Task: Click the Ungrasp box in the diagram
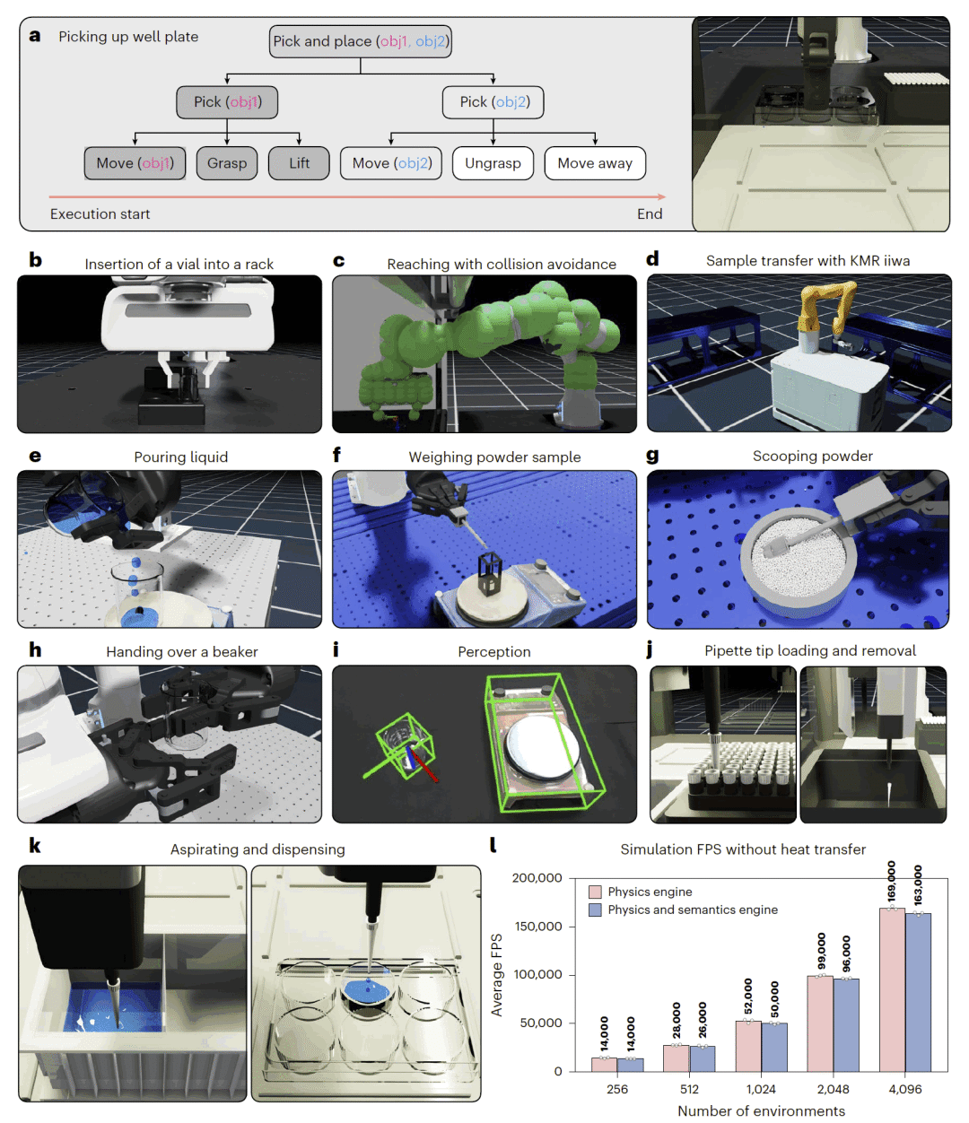[493, 163]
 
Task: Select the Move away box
[595, 163]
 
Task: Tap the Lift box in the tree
[299, 163]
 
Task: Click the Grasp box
[227, 163]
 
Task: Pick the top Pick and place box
[361, 41]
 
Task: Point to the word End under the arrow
[650, 213]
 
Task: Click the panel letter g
[652, 456]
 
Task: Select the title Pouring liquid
[180, 457]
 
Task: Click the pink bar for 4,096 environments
[892, 990]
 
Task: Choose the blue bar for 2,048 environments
[846, 1024]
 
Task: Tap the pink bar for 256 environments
[604, 1065]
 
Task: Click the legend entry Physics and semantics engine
[692, 910]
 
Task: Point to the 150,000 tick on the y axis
[537, 927]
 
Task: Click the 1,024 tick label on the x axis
[761, 1089]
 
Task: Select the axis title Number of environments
[761, 1110]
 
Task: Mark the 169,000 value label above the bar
[891, 882]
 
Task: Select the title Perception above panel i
[493, 652]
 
